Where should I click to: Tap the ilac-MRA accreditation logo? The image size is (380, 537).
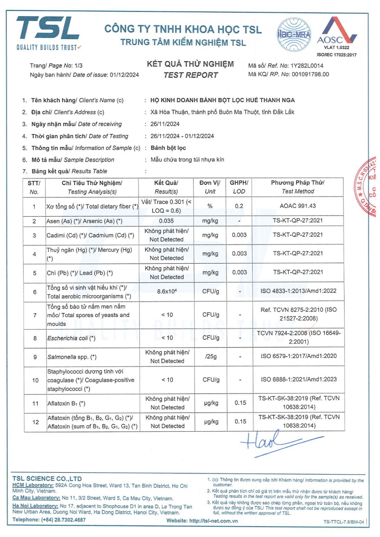click(x=294, y=35)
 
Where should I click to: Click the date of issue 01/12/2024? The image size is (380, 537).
click(x=124, y=75)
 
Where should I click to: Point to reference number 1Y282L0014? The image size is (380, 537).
click(x=307, y=66)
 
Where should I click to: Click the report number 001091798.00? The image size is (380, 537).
click(x=310, y=74)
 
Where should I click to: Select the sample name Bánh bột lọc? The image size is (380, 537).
click(x=168, y=148)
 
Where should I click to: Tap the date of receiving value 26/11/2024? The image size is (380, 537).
click(x=165, y=124)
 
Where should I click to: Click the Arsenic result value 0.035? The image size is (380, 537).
click(x=166, y=221)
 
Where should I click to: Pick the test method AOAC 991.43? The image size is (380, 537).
click(x=298, y=206)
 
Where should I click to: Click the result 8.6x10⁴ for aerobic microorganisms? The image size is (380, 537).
click(x=167, y=291)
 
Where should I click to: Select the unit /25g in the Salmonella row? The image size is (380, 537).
click(x=210, y=357)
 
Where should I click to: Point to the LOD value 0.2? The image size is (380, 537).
click(x=239, y=206)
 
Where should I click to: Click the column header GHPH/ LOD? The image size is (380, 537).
click(x=239, y=187)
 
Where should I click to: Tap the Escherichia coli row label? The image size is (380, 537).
click(x=71, y=338)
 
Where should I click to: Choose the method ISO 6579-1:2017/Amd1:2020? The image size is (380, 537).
click(x=299, y=356)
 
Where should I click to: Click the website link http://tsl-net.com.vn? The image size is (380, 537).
click(x=214, y=521)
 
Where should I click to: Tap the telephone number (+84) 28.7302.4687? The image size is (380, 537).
click(x=63, y=520)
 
